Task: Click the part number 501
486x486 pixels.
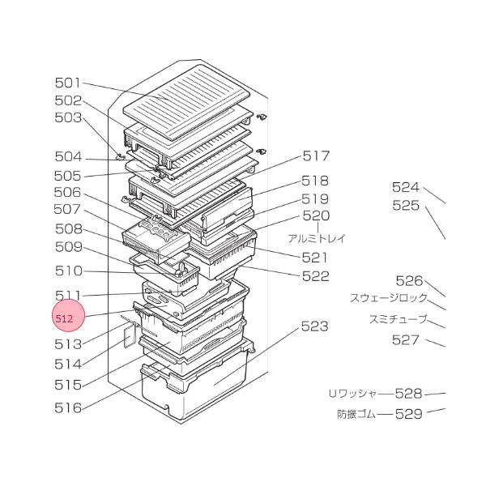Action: click(x=68, y=83)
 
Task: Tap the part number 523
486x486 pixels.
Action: click(x=314, y=326)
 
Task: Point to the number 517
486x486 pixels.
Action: click(x=316, y=156)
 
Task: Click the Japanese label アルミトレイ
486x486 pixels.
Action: click(x=316, y=238)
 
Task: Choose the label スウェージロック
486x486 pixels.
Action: click(x=388, y=298)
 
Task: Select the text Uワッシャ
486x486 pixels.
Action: click(x=352, y=394)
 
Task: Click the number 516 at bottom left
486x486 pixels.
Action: click(x=68, y=407)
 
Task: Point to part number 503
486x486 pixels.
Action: click(x=68, y=117)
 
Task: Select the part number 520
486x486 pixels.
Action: click(x=316, y=216)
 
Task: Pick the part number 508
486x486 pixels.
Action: click(x=68, y=228)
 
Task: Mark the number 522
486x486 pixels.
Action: click(x=316, y=276)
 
